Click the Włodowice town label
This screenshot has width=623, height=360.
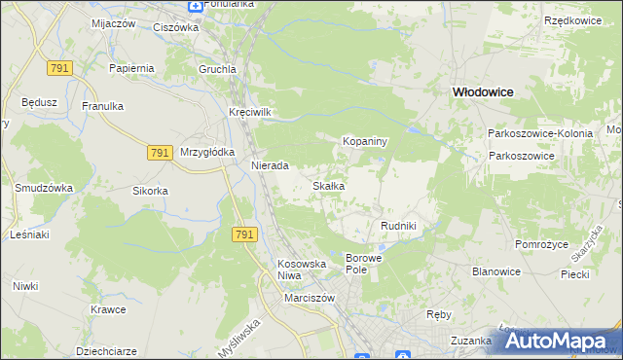point(482,90)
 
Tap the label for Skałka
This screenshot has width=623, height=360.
point(327,185)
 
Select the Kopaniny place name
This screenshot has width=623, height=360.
point(365,141)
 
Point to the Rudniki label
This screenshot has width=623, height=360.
point(398,226)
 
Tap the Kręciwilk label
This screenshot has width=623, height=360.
point(250,112)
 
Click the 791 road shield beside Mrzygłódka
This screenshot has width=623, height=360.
point(162,152)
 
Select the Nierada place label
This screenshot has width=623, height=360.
point(270,165)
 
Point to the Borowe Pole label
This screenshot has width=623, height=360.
point(365,264)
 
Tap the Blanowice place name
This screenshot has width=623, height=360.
point(496,271)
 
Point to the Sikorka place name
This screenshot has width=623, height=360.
point(151,191)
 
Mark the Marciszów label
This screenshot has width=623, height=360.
point(310,298)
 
